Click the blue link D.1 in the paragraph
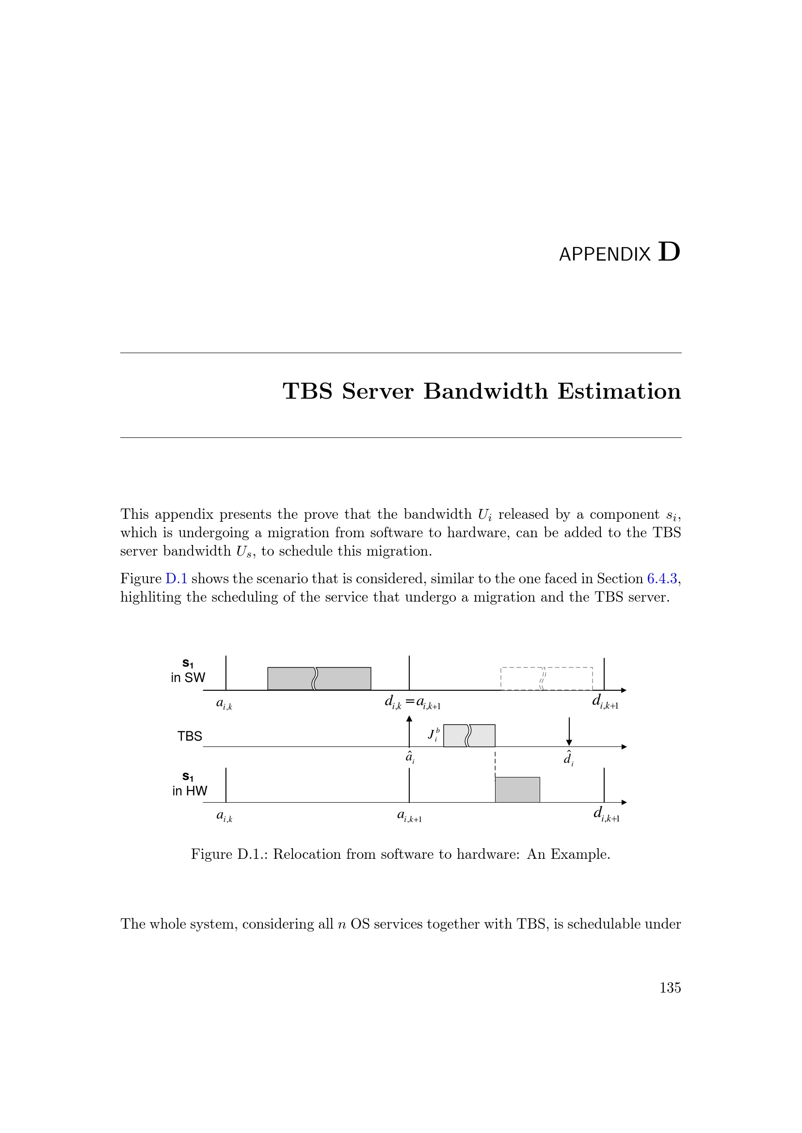pos(176,578)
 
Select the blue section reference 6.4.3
pos(662,578)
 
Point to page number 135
pos(670,987)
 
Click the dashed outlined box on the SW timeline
pos(546,679)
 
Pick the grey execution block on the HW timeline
pos(517,790)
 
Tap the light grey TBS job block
pos(469,735)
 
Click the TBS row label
pos(190,736)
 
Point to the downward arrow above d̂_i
pos(569,731)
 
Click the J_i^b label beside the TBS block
pos(433,734)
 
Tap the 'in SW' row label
pos(188,678)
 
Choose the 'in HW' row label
pos(190,791)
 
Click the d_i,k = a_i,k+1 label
pos(412,702)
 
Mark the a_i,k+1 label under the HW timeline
pos(409,816)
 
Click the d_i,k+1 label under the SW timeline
pos(605,702)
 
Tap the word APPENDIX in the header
pos(605,255)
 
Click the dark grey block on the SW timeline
pos(319,679)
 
